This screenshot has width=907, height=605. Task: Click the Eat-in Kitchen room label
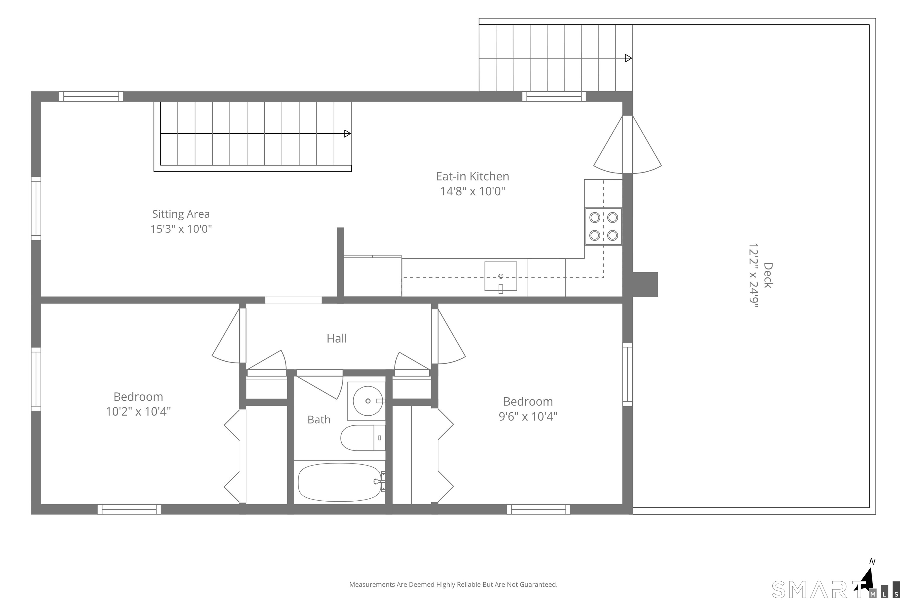[472, 176]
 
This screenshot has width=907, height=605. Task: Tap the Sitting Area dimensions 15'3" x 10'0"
[181, 229]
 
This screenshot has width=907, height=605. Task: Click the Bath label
[319, 419]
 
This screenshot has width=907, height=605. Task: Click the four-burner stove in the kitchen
[603, 227]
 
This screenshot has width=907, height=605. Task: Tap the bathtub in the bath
[340, 482]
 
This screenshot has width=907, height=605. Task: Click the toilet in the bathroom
[363, 438]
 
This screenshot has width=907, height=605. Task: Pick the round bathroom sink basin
[368, 401]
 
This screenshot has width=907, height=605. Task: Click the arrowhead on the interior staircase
[348, 134]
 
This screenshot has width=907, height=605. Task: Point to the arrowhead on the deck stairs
[629, 58]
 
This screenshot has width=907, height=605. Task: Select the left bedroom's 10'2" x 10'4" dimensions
[138, 412]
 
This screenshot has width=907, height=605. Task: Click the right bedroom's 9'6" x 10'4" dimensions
[528, 417]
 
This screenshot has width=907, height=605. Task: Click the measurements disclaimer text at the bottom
[453, 585]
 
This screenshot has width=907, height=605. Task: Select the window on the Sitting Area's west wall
[36, 208]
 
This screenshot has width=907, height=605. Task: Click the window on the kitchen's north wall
[554, 97]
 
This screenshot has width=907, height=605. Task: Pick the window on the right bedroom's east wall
[627, 374]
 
